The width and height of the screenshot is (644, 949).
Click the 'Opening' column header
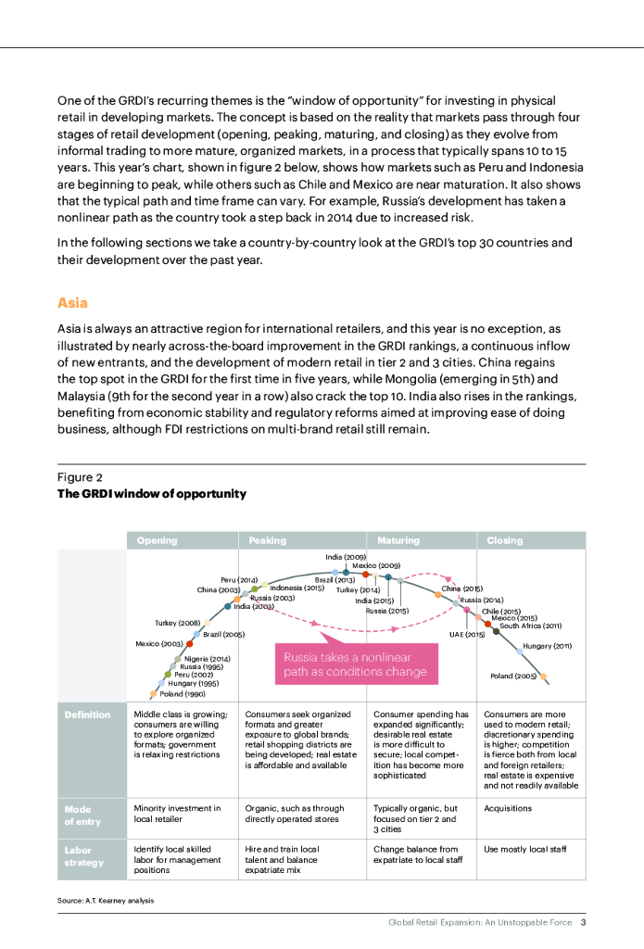pyautogui.click(x=157, y=540)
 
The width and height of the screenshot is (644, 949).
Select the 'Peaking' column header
pyautogui.click(x=268, y=540)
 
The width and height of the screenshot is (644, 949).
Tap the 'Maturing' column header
pyautogui.click(x=398, y=540)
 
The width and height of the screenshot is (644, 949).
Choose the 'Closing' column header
pyautogui.click(x=505, y=540)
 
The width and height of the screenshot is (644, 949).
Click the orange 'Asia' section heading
pyautogui.click(x=72, y=302)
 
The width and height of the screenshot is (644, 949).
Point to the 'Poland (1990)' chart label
pyautogui.click(x=183, y=693)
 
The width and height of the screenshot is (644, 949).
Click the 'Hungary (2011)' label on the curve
pyautogui.click(x=548, y=645)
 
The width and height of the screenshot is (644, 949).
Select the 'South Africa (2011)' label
pyautogui.click(x=531, y=626)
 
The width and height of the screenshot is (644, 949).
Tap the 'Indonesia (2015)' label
pyautogui.click(x=297, y=588)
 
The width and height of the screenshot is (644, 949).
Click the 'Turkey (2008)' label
pyautogui.click(x=178, y=622)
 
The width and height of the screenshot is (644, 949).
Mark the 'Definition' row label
pyautogui.click(x=87, y=715)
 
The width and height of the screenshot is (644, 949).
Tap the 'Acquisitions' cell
pyautogui.click(x=508, y=808)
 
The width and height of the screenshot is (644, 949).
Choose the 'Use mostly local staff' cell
pyautogui.click(x=524, y=849)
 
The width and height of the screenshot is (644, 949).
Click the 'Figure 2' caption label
pyautogui.click(x=80, y=477)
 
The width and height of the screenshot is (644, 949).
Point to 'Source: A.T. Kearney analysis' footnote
pyautogui.click(x=105, y=900)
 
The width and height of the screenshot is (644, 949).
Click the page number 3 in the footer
pyautogui.click(x=584, y=922)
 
